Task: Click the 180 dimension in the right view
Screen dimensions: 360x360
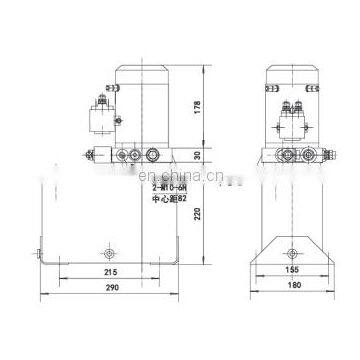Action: coord(292,288)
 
